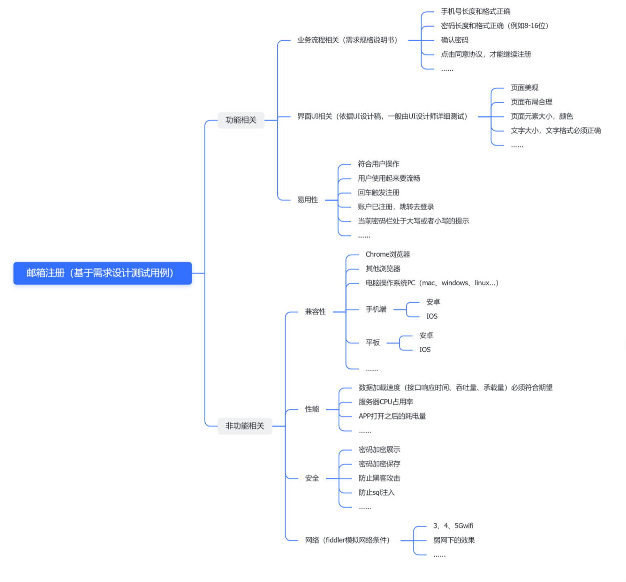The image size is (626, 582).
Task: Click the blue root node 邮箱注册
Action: (x=102, y=273)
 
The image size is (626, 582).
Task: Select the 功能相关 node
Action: (x=241, y=120)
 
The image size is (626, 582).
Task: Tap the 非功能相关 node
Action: (x=244, y=426)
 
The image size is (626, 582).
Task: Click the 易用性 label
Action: (x=308, y=200)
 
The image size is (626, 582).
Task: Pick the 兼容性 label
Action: (x=315, y=312)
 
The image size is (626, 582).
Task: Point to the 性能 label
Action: (x=312, y=409)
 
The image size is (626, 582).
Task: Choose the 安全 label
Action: (x=312, y=478)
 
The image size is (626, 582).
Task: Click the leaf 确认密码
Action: (x=454, y=40)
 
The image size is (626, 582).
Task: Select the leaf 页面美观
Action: (x=524, y=88)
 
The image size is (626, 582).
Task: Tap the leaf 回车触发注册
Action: (x=378, y=192)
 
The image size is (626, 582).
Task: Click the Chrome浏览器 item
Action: (x=388, y=254)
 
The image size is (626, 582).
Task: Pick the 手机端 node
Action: (x=376, y=309)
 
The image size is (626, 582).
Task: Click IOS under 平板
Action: (x=425, y=350)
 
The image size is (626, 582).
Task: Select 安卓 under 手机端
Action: (x=433, y=302)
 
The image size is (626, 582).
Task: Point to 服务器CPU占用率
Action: (x=386, y=402)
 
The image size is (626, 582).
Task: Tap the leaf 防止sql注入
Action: (x=376, y=492)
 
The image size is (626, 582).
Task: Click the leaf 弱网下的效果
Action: (x=454, y=540)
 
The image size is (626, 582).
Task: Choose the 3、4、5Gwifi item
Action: (x=453, y=526)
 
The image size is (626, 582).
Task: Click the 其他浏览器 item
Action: (x=383, y=269)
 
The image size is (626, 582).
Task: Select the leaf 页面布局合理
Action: (x=531, y=102)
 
